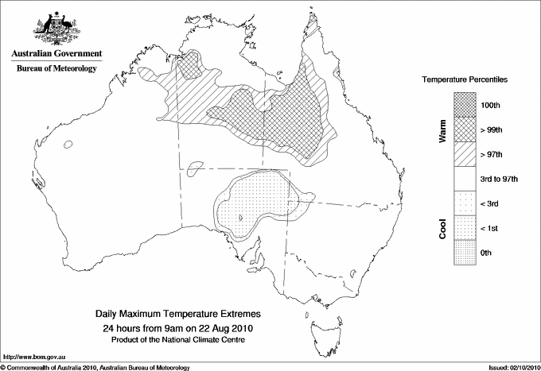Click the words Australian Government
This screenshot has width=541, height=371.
[56, 54]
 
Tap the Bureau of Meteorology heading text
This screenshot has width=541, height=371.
[56, 69]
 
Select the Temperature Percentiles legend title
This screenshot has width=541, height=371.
[465, 81]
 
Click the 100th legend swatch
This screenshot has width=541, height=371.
[465, 104]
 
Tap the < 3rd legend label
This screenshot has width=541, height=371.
[492, 203]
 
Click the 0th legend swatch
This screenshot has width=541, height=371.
[465, 253]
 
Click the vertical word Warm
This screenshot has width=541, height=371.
[442, 131]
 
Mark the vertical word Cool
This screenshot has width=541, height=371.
[442, 229]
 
